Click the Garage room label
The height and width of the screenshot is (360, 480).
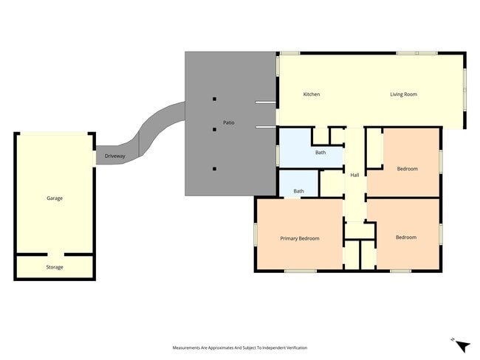click(x=55, y=198)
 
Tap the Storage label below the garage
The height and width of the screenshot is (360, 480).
click(x=55, y=267)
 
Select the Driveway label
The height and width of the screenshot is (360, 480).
click(x=114, y=156)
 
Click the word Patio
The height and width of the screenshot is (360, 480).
click(x=229, y=122)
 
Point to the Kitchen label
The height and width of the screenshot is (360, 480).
click(x=312, y=94)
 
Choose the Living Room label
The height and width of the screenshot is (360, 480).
click(x=403, y=94)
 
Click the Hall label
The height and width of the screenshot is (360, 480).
click(x=354, y=175)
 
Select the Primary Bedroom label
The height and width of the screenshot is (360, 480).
click(x=300, y=238)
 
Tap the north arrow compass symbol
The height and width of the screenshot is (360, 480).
click(x=462, y=346)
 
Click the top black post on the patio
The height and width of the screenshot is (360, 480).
click(x=215, y=99)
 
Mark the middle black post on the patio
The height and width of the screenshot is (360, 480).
click(x=215, y=129)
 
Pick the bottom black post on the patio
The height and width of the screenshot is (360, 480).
click(x=215, y=168)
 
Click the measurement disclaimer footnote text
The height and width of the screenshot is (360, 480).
click(x=240, y=347)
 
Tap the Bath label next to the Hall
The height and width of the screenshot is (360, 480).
click(x=320, y=152)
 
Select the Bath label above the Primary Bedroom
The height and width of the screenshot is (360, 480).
click(x=298, y=191)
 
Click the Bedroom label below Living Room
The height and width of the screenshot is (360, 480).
click(x=407, y=169)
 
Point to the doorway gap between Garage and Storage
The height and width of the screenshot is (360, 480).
click(x=55, y=255)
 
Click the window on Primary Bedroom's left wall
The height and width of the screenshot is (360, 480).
click(x=256, y=235)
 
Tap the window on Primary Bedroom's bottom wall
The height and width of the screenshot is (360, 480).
click(x=301, y=271)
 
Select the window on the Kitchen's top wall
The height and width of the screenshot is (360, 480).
click(x=289, y=53)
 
